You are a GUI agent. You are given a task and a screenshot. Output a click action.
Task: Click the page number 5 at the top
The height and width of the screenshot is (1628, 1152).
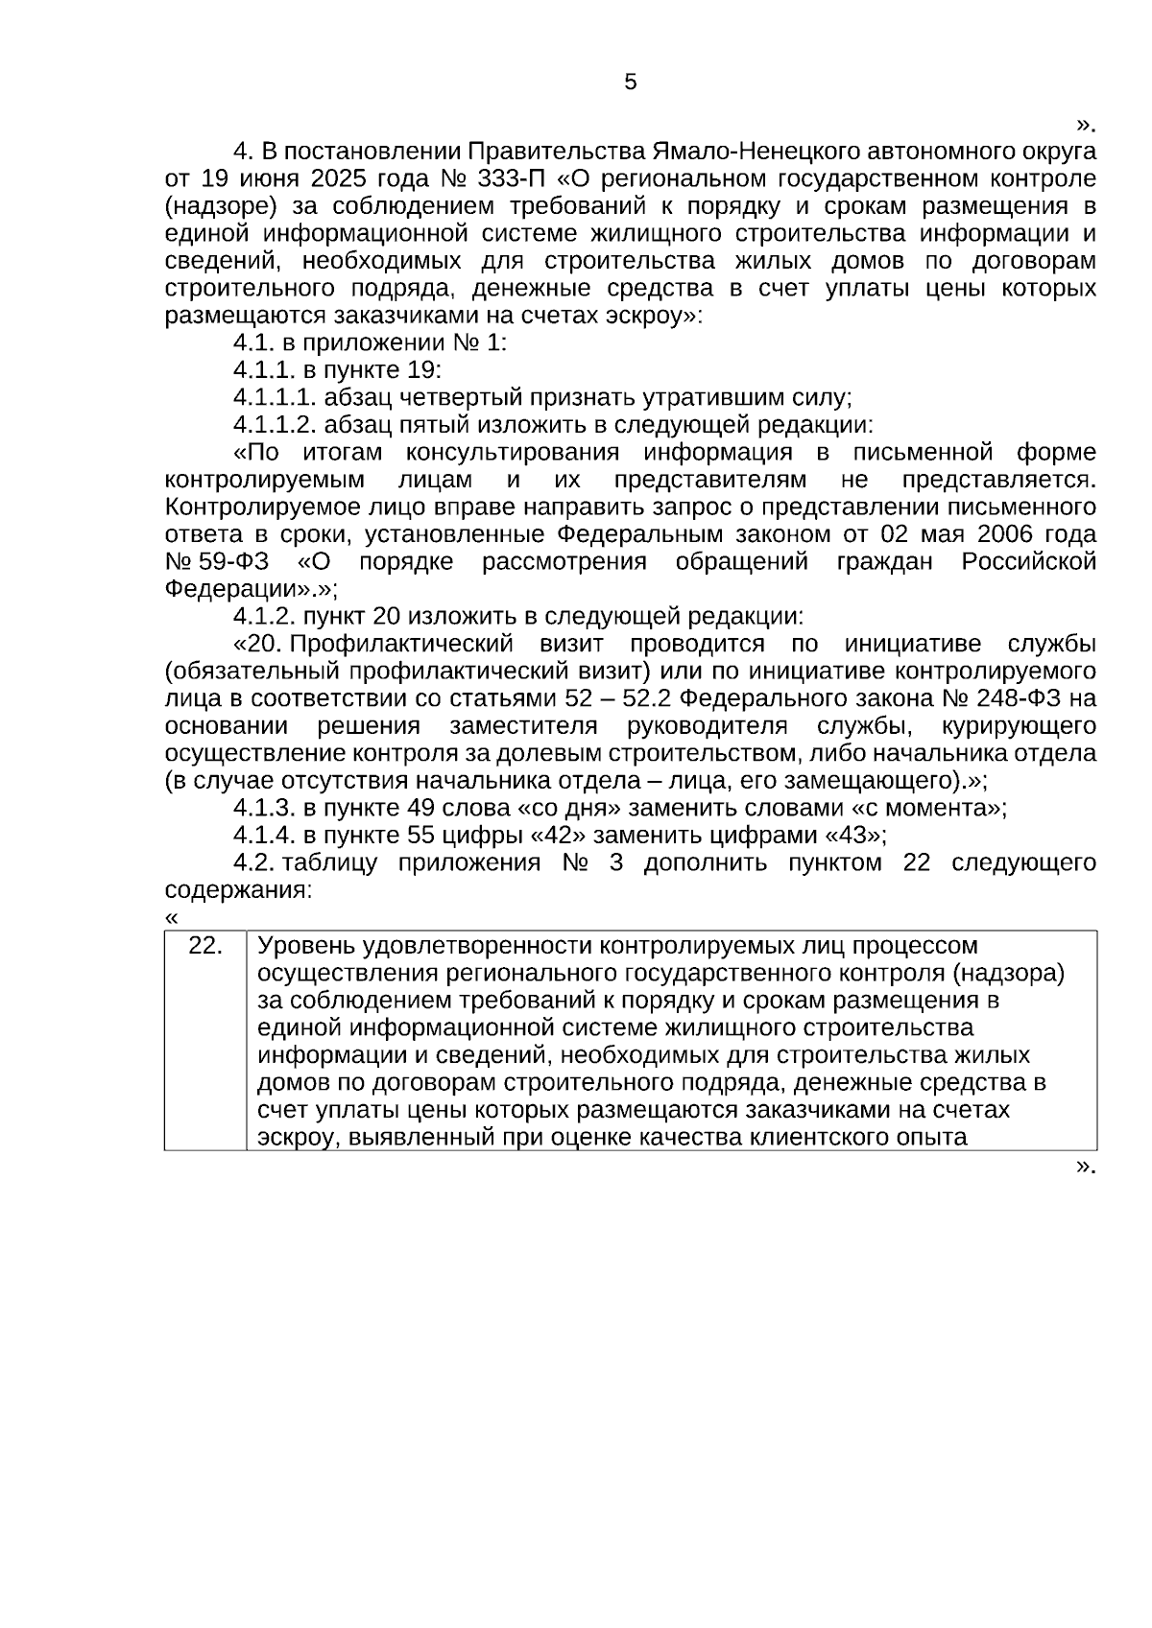630,83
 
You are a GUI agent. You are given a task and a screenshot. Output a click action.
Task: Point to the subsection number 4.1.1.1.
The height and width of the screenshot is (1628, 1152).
274,397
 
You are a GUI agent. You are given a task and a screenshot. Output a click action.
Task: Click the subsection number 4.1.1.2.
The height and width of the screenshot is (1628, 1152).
274,425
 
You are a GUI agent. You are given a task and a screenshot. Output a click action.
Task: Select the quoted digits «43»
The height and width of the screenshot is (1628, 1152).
855,834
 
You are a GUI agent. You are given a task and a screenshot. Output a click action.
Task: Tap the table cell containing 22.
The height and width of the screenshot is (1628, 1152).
205,946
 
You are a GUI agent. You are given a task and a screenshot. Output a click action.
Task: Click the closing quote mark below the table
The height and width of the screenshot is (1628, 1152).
1085,1166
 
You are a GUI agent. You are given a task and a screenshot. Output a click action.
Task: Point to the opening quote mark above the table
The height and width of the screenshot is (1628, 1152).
171,917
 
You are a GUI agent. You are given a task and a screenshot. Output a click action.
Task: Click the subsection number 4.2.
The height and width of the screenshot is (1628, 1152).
253,861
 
